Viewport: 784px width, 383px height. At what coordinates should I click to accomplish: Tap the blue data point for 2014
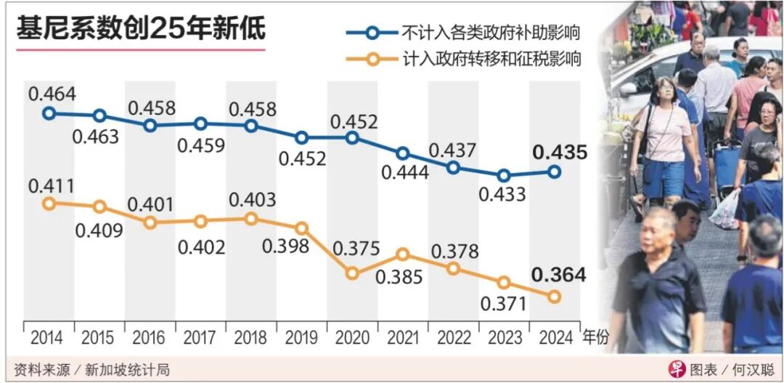click(49, 113)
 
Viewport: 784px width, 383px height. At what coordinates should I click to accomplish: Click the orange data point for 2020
click(352, 273)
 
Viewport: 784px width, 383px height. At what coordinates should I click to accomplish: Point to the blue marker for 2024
click(554, 172)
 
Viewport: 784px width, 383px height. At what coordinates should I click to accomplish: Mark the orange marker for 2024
click(554, 297)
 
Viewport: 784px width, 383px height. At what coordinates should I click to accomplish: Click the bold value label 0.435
click(559, 152)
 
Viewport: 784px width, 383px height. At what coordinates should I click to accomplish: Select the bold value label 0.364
click(559, 275)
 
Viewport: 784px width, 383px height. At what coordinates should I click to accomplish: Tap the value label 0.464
click(52, 94)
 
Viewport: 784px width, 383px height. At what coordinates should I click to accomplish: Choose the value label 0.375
click(356, 249)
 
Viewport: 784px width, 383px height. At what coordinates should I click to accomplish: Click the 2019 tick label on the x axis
click(301, 338)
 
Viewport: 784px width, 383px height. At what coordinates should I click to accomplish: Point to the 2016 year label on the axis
click(149, 338)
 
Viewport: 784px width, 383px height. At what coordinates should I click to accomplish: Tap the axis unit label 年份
click(595, 338)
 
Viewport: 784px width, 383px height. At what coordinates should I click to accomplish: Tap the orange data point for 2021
click(403, 254)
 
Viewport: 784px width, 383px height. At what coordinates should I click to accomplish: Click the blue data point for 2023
click(504, 175)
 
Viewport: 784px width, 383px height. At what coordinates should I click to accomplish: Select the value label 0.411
click(52, 186)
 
